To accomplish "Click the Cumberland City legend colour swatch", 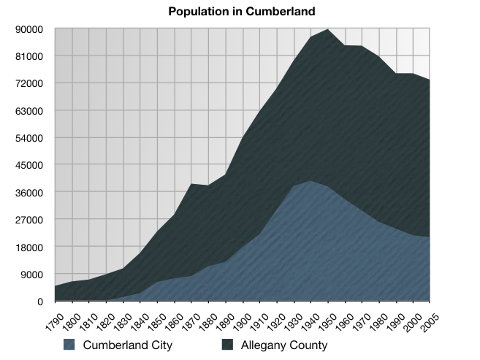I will (69, 345).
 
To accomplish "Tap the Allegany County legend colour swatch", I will (229, 345).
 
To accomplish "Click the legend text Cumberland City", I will (127, 345).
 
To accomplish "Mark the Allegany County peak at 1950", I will (328, 30).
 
